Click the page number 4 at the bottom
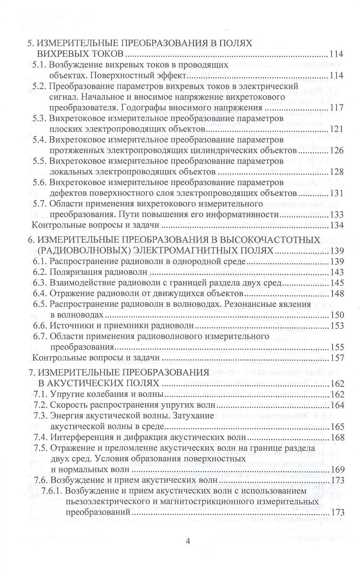[188, 541]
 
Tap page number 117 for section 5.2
[337, 107]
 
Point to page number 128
[337, 171]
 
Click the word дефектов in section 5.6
[66, 193]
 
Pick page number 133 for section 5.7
[337, 214]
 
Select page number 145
[337, 283]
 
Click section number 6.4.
[40, 294]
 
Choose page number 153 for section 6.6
[337, 326]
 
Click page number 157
[337, 358]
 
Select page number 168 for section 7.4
[337, 437]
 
